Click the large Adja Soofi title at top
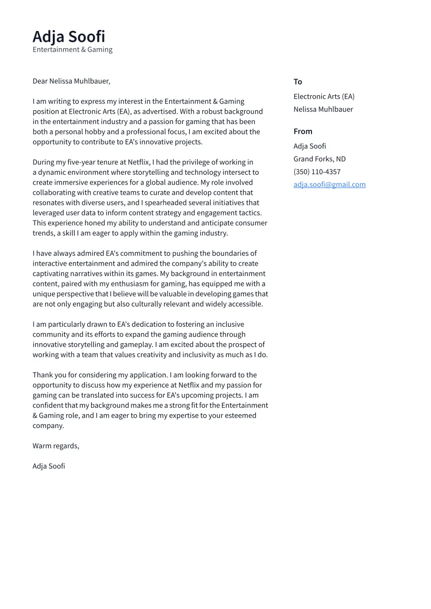[x=69, y=37]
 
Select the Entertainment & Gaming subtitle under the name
[x=72, y=50]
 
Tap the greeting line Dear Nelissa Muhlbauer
[x=71, y=81]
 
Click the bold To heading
[x=298, y=82]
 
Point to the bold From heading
[x=303, y=131]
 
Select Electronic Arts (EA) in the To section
[x=324, y=96]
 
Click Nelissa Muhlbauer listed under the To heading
[x=323, y=109]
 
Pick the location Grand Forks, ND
[x=319, y=159]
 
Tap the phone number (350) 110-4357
[x=317, y=172]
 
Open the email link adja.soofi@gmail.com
[x=329, y=185]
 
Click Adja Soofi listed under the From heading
[x=309, y=146]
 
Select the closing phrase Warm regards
[x=56, y=446]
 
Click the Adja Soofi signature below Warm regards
[x=49, y=466]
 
